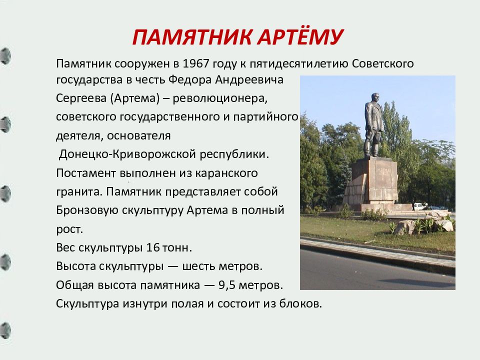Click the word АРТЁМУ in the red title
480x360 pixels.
(x=300, y=36)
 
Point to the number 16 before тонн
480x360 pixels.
(x=153, y=247)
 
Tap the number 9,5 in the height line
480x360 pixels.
(x=226, y=285)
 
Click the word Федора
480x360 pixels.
(x=190, y=80)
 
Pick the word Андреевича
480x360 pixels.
(x=249, y=80)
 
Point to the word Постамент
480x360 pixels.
(x=86, y=173)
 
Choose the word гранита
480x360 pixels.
(x=79, y=192)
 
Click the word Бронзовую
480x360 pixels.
(x=87, y=210)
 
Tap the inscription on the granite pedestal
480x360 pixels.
(x=383, y=170)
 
